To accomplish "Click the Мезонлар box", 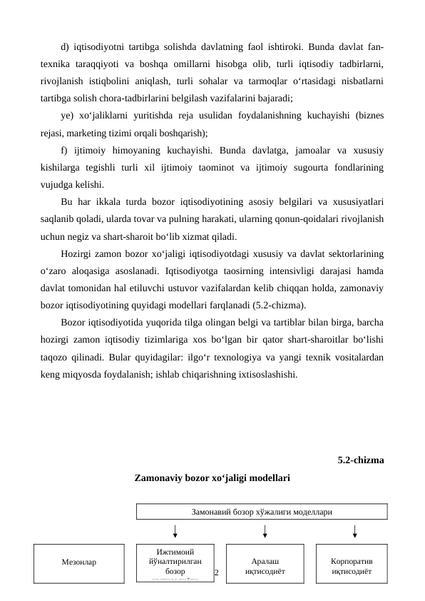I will (80, 562).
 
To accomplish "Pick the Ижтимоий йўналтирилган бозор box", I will (175, 563).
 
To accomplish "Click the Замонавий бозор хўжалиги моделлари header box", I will (261, 511).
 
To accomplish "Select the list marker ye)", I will (68, 116).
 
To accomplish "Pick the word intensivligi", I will (268, 272).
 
